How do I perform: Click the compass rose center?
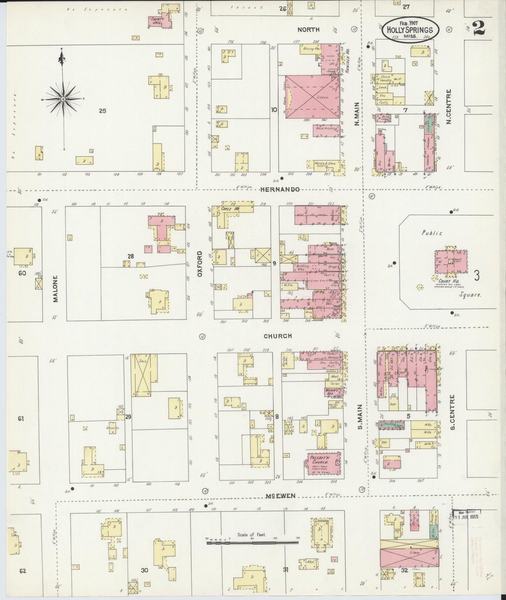pos(63,99)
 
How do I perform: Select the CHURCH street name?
pos(278,336)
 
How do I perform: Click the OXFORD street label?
pos(200,264)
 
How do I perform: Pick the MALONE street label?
pos(56,288)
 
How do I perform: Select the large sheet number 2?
pos(478,28)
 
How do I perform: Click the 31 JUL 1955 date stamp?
pos(466,516)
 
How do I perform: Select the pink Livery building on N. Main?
pos(313,98)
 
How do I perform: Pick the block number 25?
pos(102,111)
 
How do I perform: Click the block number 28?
pos(131,256)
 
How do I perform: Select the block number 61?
pos(21,418)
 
